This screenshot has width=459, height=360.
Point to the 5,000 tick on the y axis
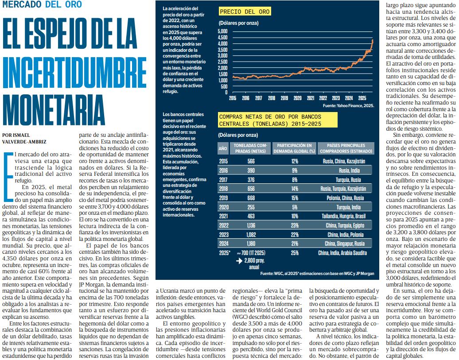[222, 31]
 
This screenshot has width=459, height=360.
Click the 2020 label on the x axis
[297, 98]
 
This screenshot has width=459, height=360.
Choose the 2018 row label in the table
[223, 188]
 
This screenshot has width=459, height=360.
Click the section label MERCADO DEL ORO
[42, 5]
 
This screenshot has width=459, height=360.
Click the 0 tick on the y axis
[226, 93]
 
